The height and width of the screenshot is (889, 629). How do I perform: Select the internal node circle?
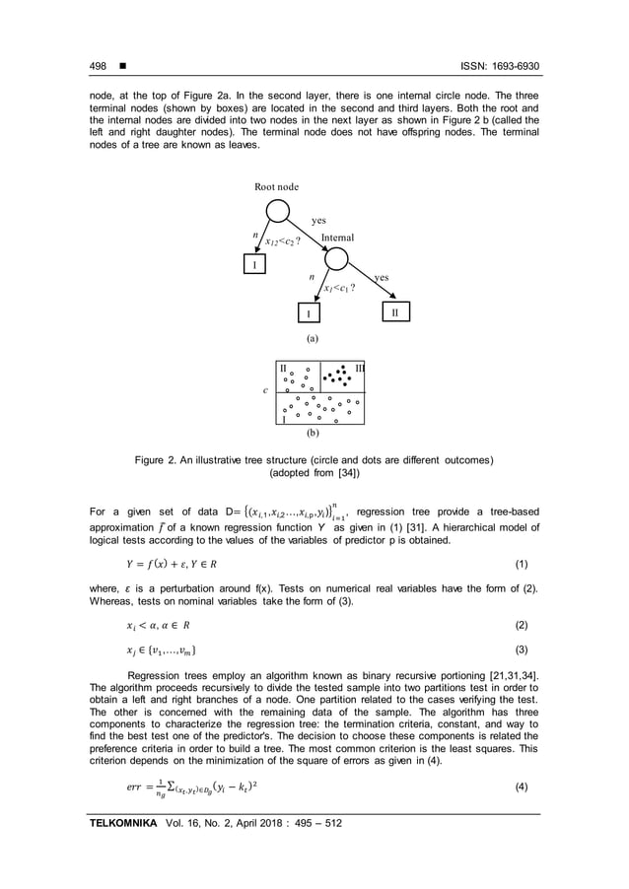pos(336,259)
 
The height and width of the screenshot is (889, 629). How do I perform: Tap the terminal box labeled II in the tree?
pos(393,311)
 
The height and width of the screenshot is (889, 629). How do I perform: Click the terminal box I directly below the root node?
pos(254,264)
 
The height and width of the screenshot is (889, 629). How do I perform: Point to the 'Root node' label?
pos(277,185)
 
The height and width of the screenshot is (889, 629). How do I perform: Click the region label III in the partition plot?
pos(359,367)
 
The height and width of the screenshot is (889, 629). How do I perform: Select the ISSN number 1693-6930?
pos(515,67)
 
